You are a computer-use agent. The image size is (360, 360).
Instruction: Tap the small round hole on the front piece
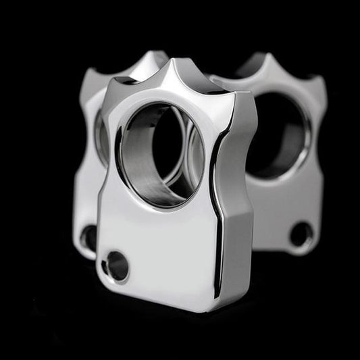(x=117, y=265)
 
